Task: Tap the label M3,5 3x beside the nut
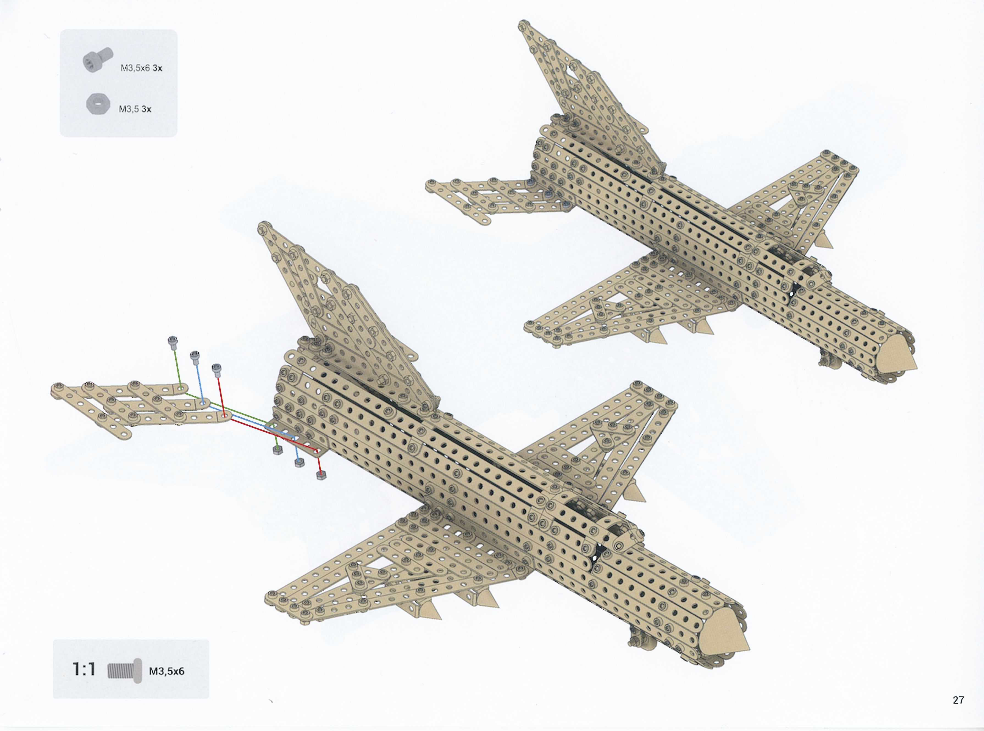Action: pos(135,109)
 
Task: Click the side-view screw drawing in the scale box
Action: pos(125,670)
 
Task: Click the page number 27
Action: pos(958,700)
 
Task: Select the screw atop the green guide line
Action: pos(173,342)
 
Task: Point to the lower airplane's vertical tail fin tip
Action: pos(264,227)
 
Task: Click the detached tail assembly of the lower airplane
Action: pos(141,409)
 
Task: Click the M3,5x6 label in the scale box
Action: pos(167,671)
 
